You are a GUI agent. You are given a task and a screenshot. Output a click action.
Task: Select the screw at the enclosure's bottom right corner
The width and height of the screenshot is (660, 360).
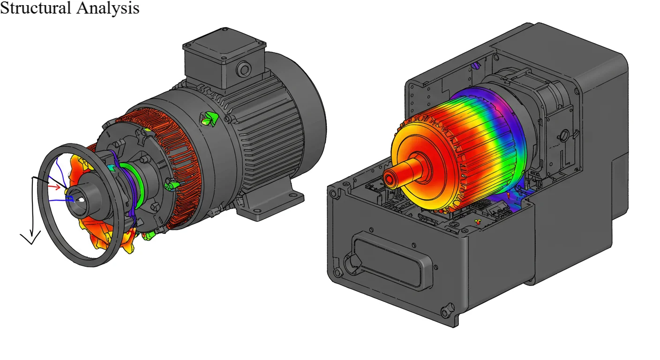click(x=447, y=309)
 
